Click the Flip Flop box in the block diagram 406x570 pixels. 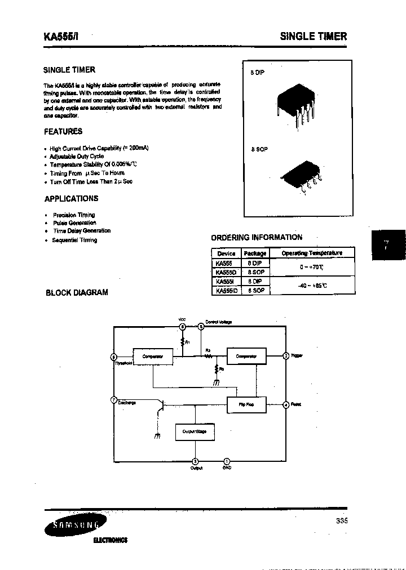[x=246, y=405]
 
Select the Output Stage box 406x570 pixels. [x=195, y=431]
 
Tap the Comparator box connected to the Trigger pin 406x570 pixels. [x=246, y=356]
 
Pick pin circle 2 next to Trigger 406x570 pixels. [x=286, y=356]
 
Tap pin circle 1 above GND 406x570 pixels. [x=227, y=460]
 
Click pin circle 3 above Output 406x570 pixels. [x=196, y=460]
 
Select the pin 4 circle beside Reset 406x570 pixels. [x=286, y=405]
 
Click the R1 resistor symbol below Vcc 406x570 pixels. [x=182, y=341]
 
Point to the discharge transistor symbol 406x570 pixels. [x=161, y=407]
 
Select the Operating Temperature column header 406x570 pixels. [x=312, y=253]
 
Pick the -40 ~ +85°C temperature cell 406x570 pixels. [x=312, y=285]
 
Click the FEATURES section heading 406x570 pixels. [x=63, y=131]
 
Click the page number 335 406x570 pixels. [x=342, y=521]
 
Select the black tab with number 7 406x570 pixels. [x=387, y=244]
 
